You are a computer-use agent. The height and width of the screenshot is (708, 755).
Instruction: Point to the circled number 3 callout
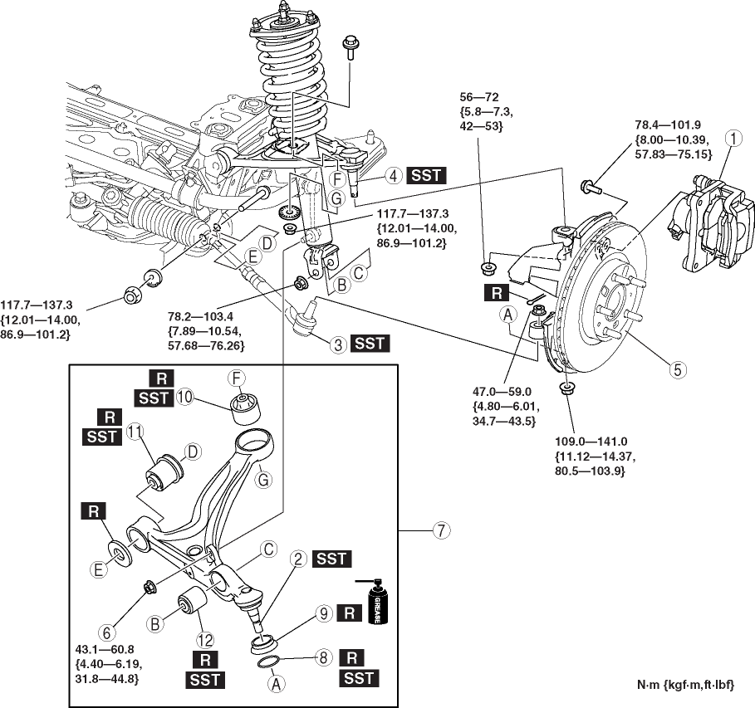click(x=336, y=342)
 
